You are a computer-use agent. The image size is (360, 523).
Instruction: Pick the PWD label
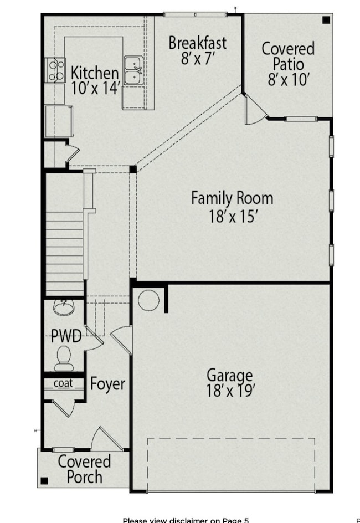pyautogui.click(x=66, y=336)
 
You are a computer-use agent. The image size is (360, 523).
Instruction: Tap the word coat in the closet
pyautogui.click(x=63, y=383)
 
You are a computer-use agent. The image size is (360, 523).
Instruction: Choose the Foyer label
pyautogui.click(x=107, y=384)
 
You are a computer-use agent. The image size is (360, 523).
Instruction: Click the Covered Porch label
pyautogui.click(x=84, y=469)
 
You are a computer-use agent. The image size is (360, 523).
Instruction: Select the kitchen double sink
pyautogui.click(x=133, y=70)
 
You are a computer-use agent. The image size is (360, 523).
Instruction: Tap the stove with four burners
pyautogui.click(x=55, y=70)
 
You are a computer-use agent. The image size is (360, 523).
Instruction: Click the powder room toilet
pyautogui.click(x=64, y=358)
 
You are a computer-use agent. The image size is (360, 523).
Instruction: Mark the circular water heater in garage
pyautogui.click(x=148, y=300)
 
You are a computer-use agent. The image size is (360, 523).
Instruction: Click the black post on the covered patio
pyautogui.click(x=326, y=20)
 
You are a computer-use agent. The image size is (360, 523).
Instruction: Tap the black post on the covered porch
pyautogui.click(x=44, y=481)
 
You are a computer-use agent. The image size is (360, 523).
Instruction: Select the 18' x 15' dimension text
pyautogui.click(x=234, y=216)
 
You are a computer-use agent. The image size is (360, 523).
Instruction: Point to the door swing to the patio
pyautogui.click(x=255, y=110)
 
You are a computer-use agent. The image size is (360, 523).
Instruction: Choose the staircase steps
pyautogui.click(x=64, y=254)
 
